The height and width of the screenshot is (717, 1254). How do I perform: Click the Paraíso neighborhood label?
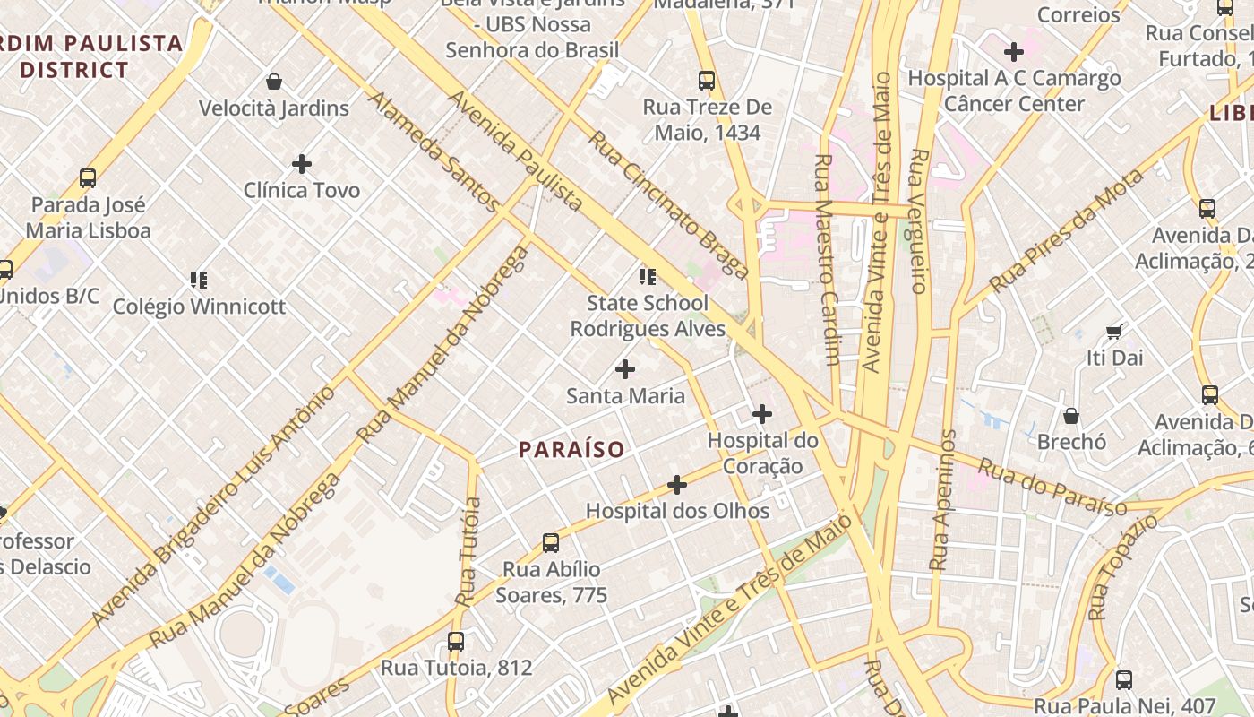pos(571,449)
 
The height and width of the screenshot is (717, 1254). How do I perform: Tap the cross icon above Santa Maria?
pos(625,368)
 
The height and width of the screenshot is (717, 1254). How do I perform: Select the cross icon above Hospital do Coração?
pos(762,414)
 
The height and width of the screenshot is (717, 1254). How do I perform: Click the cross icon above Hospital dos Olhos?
pos(677,485)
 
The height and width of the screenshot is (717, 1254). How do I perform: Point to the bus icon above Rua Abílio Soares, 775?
pos(551,543)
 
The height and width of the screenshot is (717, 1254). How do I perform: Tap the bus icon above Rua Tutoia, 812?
pos(456,642)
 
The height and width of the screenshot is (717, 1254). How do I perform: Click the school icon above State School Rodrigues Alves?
pos(648,276)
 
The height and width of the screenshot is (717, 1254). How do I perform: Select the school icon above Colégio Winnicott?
pos(199,281)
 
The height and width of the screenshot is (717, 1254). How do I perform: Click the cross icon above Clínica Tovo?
pos(302,164)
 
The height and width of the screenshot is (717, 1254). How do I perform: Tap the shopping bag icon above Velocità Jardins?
pos(274,82)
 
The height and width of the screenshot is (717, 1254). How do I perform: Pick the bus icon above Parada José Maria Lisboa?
pos(88,178)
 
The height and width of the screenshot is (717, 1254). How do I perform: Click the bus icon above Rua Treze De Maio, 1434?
pos(707,81)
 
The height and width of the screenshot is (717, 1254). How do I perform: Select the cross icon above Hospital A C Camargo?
pos(1014,52)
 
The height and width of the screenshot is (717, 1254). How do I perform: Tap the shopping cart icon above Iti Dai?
pos(1114,333)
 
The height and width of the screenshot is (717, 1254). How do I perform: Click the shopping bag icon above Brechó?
pos(1070,416)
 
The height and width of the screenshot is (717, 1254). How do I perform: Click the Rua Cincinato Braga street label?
pos(667,204)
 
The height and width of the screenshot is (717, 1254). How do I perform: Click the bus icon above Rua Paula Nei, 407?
pos(1124,679)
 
